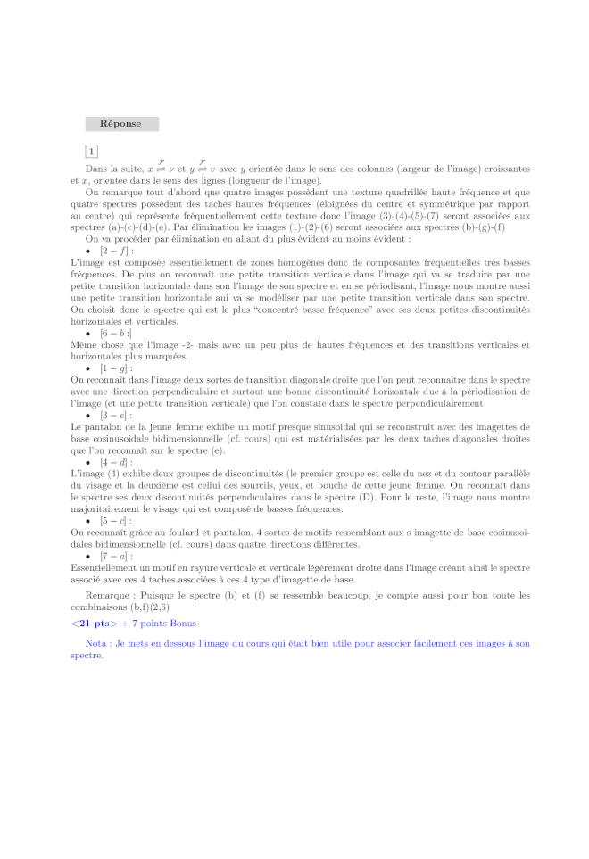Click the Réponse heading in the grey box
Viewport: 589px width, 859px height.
[x=120, y=124]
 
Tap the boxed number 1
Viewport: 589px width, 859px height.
[x=92, y=152]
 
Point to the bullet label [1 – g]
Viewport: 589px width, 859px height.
[x=116, y=368]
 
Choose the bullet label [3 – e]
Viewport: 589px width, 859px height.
[x=116, y=415]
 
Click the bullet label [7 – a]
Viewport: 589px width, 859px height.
[x=116, y=555]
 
